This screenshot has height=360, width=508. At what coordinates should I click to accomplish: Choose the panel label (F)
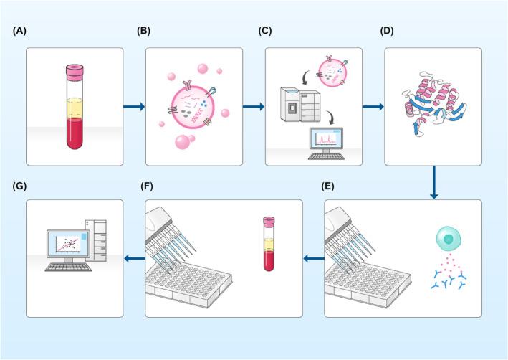[x=152, y=186]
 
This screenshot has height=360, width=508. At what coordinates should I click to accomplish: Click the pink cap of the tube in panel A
[x=75, y=70]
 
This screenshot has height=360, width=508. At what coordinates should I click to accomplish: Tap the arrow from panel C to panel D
[x=373, y=107]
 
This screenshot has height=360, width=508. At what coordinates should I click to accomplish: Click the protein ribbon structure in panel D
[x=432, y=108]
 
